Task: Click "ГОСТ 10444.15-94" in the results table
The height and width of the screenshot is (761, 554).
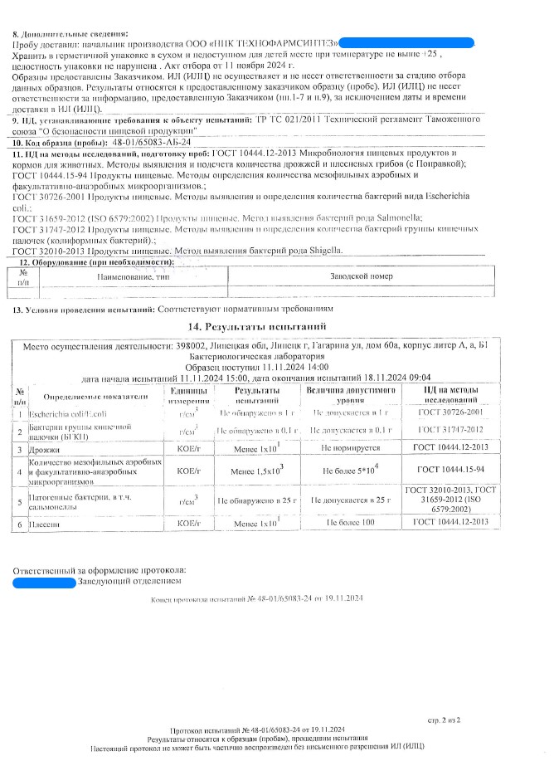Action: [x=452, y=471]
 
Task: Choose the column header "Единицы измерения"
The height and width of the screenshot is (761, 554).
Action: [x=194, y=393]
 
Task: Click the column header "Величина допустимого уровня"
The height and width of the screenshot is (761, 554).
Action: [x=352, y=393]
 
